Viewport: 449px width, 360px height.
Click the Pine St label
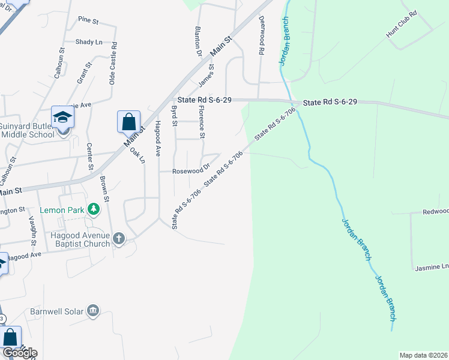click(88, 20)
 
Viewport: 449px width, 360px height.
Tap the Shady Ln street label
click(89, 42)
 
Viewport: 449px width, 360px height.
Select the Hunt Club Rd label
click(401, 32)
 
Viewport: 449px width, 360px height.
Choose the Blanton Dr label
click(198, 41)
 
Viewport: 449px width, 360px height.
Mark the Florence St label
click(202, 121)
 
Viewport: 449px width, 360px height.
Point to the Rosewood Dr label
click(191, 170)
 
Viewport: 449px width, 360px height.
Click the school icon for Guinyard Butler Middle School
click(62, 116)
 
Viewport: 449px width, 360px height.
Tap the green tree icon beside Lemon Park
click(93, 209)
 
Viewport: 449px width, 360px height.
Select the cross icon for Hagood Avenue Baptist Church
click(119, 239)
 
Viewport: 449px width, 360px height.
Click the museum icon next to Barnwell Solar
click(93, 311)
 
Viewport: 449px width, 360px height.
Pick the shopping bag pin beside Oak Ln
click(128, 122)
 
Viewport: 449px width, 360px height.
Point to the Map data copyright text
click(423, 355)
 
